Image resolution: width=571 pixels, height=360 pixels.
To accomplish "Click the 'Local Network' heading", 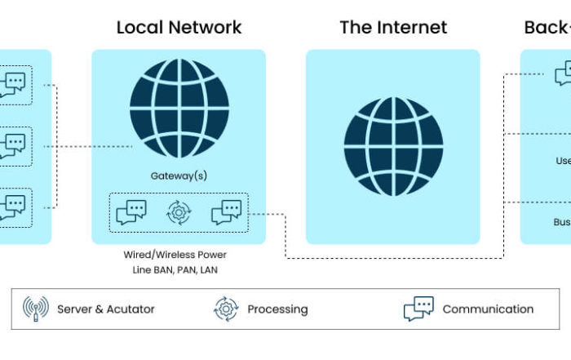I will tap(179, 27).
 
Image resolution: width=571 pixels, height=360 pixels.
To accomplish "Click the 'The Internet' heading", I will tap(393, 27).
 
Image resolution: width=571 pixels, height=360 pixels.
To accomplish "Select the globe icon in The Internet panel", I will tap(393, 146).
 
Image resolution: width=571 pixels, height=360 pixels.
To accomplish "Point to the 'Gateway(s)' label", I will tap(179, 176).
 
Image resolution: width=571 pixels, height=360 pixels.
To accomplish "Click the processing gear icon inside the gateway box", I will tap(179, 212).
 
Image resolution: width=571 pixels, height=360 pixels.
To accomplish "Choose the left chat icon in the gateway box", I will tap(131, 212).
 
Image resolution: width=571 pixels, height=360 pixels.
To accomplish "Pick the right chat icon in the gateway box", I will tap(226, 212).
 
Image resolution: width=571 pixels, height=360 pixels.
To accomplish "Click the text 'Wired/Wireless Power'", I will tap(175, 255).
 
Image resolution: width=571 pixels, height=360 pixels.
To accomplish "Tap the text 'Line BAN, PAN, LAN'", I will tap(175, 269).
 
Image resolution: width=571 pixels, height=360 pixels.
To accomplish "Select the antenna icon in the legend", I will tap(36, 309).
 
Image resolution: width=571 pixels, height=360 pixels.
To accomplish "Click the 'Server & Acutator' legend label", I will tap(106, 309).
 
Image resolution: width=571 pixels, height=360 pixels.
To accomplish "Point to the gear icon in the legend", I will tap(225, 309).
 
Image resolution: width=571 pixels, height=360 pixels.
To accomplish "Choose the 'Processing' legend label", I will tap(277, 309).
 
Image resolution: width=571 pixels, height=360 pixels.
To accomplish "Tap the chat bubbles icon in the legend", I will tap(418, 309).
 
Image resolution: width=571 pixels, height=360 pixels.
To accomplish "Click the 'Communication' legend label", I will tap(488, 309).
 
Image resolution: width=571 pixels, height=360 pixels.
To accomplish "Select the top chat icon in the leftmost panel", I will tap(12, 85).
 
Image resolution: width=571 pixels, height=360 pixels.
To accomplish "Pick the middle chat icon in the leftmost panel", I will tap(12, 146).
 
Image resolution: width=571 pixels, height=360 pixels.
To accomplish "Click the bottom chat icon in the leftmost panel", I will tap(12, 207).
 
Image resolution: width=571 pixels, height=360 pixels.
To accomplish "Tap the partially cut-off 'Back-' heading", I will tap(547, 27).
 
